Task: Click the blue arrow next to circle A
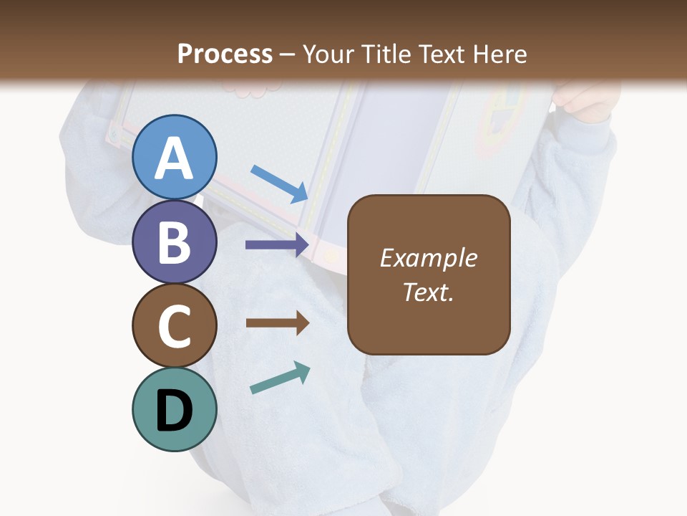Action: click(x=280, y=183)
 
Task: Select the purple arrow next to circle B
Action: click(x=277, y=245)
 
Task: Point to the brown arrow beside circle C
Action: click(x=278, y=323)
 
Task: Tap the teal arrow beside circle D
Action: click(x=280, y=378)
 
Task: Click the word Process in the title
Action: click(x=225, y=54)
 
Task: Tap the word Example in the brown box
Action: click(x=428, y=258)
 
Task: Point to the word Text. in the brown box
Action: click(x=428, y=292)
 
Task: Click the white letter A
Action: click(x=174, y=159)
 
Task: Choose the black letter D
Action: click(x=174, y=411)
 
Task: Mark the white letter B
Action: click(x=174, y=242)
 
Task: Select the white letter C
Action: click(x=174, y=326)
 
